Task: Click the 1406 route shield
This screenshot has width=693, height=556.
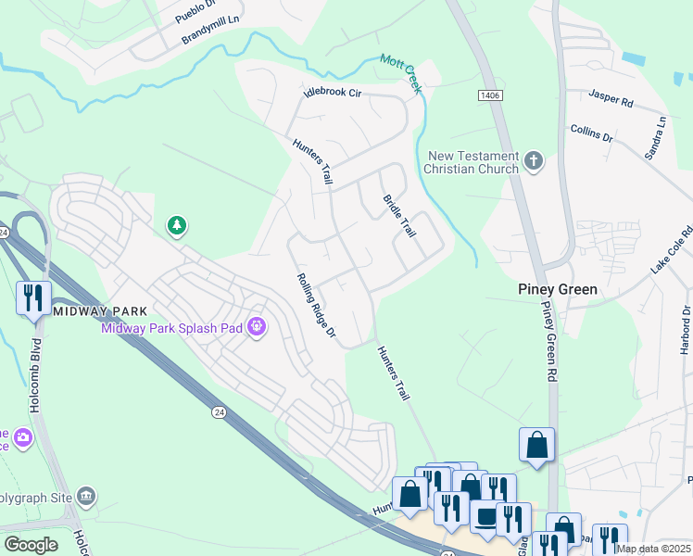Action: pyautogui.click(x=488, y=95)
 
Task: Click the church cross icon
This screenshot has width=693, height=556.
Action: pyautogui.click(x=533, y=161)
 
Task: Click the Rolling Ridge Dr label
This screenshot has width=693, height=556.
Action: pyautogui.click(x=315, y=305)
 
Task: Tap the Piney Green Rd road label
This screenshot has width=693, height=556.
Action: pyautogui.click(x=548, y=342)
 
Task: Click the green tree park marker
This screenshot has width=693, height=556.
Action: pyautogui.click(x=176, y=225)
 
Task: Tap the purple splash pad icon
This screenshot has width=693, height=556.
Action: pyautogui.click(x=258, y=326)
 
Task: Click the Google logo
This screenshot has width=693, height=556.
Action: pyautogui.click(x=31, y=544)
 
